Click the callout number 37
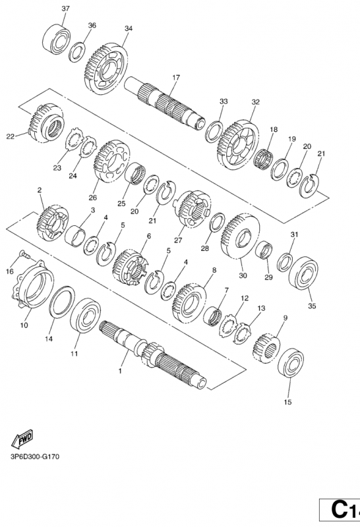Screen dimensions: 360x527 point(66,9)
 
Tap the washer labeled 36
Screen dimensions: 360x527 point(77,52)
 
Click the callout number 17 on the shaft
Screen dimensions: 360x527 point(176,78)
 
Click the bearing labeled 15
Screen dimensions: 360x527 point(291,364)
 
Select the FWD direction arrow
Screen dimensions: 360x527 point(22,438)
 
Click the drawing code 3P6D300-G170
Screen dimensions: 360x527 point(35,457)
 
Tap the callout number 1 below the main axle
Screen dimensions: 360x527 point(120,371)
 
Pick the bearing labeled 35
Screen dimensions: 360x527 point(303,272)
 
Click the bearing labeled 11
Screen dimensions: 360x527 point(85,315)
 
